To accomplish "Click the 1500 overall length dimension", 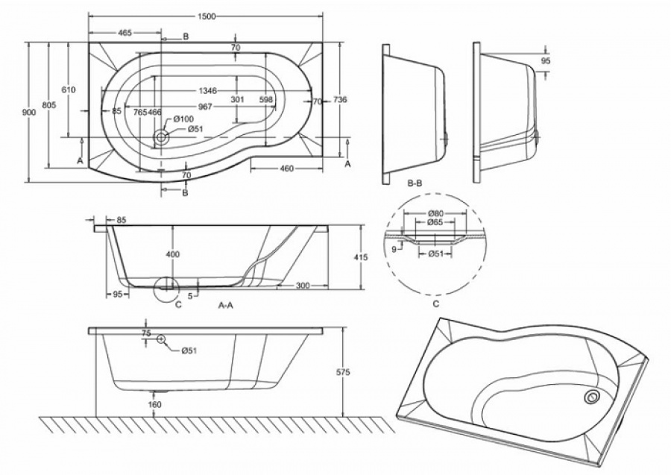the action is pos(207,16).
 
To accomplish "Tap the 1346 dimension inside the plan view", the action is pos(207,91).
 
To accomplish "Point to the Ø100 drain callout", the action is pos(184,119).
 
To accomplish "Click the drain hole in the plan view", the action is pos(162,137).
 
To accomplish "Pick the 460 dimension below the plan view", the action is pos(286,169).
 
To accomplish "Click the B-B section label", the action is pos(415,183).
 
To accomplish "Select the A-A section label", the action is pos(225,305).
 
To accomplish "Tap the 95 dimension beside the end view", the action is pos(545,60).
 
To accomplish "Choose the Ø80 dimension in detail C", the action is pos(435,213).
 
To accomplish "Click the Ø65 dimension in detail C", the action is pos(435,222).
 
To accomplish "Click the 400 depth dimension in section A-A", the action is pos(172,254).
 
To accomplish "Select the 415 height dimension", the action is pos(361,257).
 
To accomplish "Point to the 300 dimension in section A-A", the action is pos(303,286).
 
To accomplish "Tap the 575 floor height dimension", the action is pos(343,372).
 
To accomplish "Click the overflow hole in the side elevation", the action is pos(161,339).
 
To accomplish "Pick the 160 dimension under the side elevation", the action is pos(154,404).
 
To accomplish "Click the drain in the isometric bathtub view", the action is pos(593,397).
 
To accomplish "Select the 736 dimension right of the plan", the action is pos(339,100).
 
